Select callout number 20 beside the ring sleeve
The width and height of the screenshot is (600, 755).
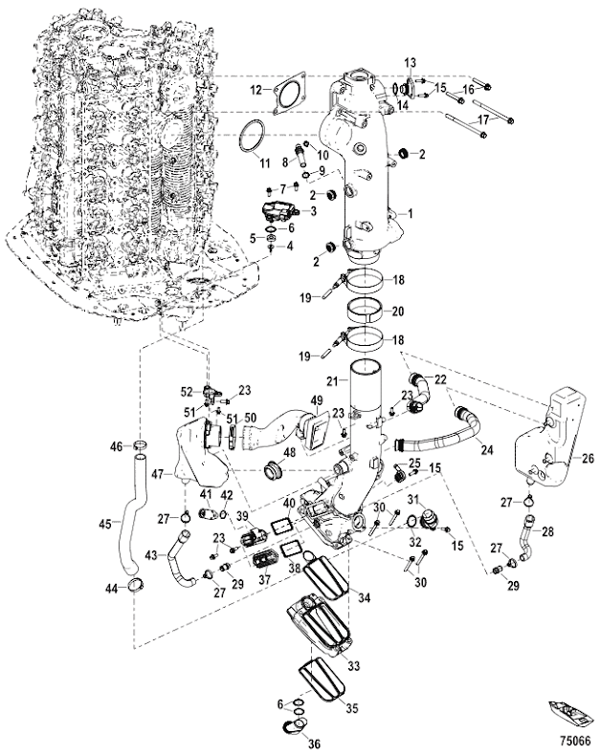399,311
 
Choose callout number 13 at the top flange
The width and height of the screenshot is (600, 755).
410,63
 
